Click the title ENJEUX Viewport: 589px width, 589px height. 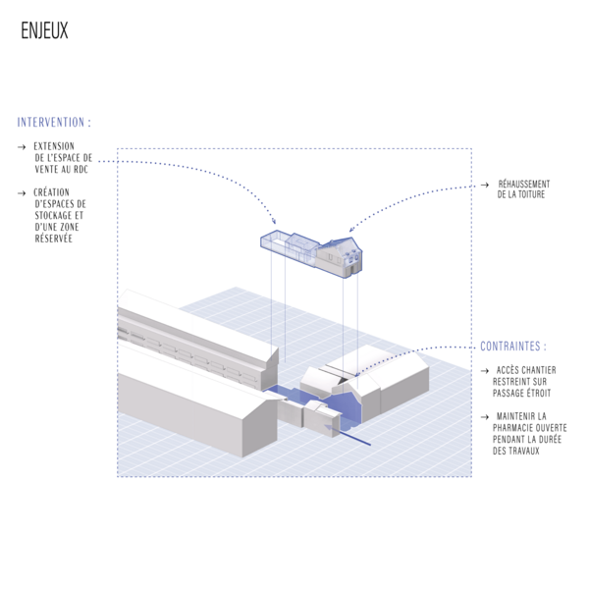(x=44, y=30)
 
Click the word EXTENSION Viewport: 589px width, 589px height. (x=54, y=146)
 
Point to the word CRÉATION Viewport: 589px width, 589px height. (x=51, y=192)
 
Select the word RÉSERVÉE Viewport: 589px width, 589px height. (x=53, y=239)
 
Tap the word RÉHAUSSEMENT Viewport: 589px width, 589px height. (x=524, y=184)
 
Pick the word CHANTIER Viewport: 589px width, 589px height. (x=538, y=370)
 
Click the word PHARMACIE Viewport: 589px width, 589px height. (x=512, y=428)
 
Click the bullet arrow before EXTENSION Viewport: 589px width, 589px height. (x=22, y=147)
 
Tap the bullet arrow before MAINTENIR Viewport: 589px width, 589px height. (x=485, y=416)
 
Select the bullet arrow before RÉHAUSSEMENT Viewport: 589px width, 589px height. (x=485, y=185)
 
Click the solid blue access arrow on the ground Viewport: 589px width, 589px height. (x=348, y=436)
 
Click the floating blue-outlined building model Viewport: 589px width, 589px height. (x=311, y=253)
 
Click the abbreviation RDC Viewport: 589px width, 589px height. (x=80, y=170)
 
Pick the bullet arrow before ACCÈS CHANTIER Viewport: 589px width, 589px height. (x=485, y=371)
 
